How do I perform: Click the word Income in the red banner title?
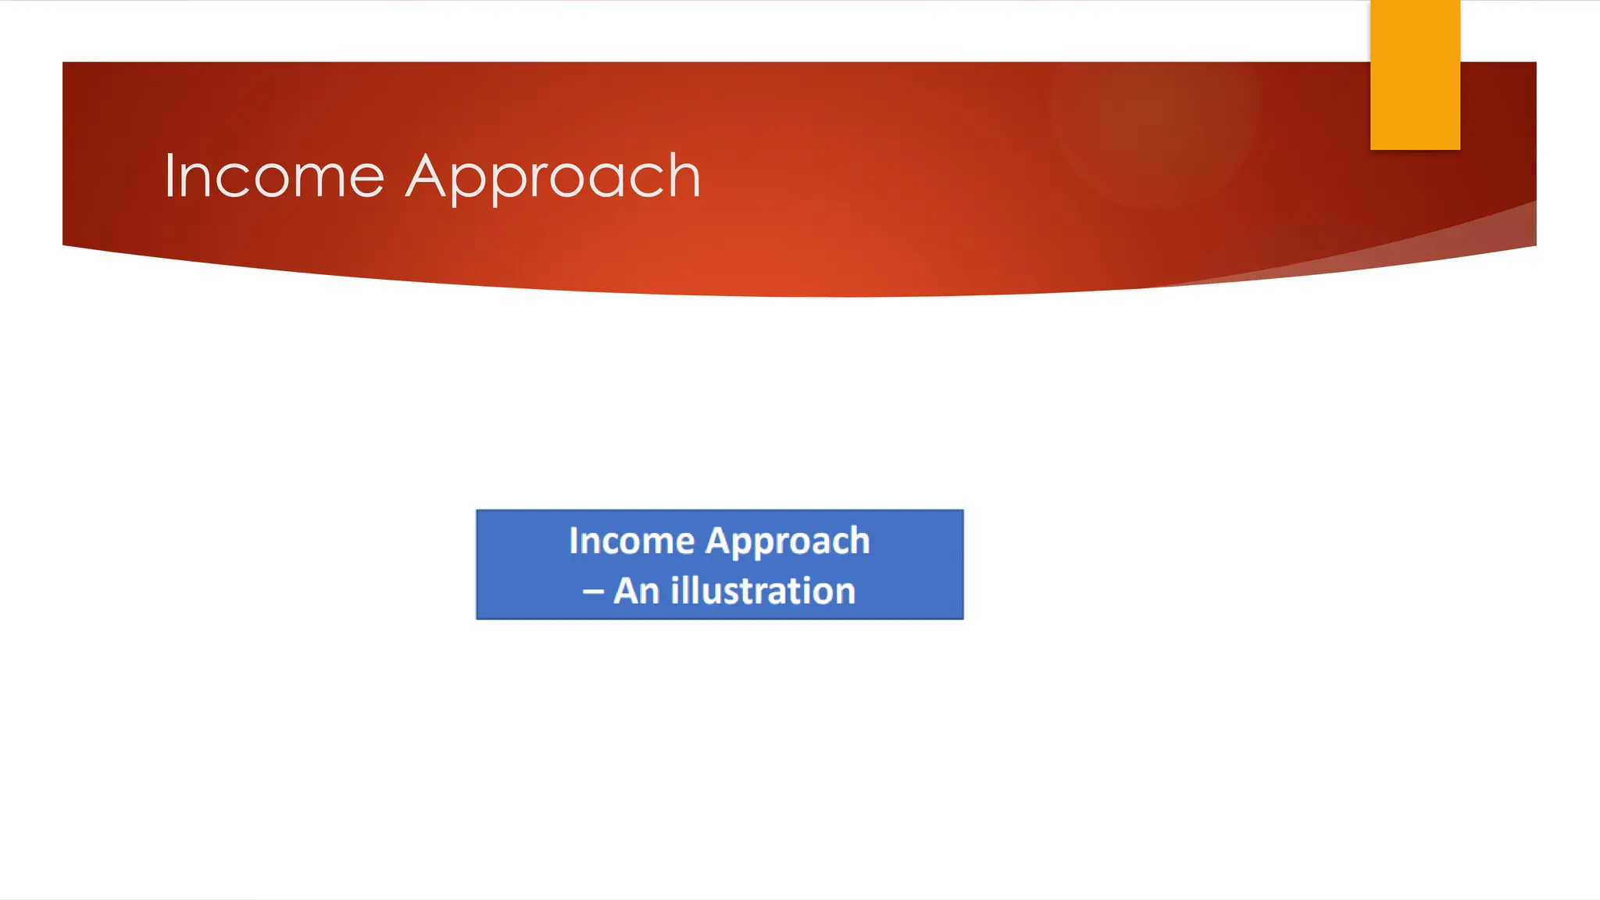click(273, 177)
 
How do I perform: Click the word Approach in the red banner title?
click(553, 178)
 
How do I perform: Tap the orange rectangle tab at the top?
click(1415, 75)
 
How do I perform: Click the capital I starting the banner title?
click(170, 177)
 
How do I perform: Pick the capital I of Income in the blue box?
click(573, 541)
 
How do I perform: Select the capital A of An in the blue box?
click(626, 591)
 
